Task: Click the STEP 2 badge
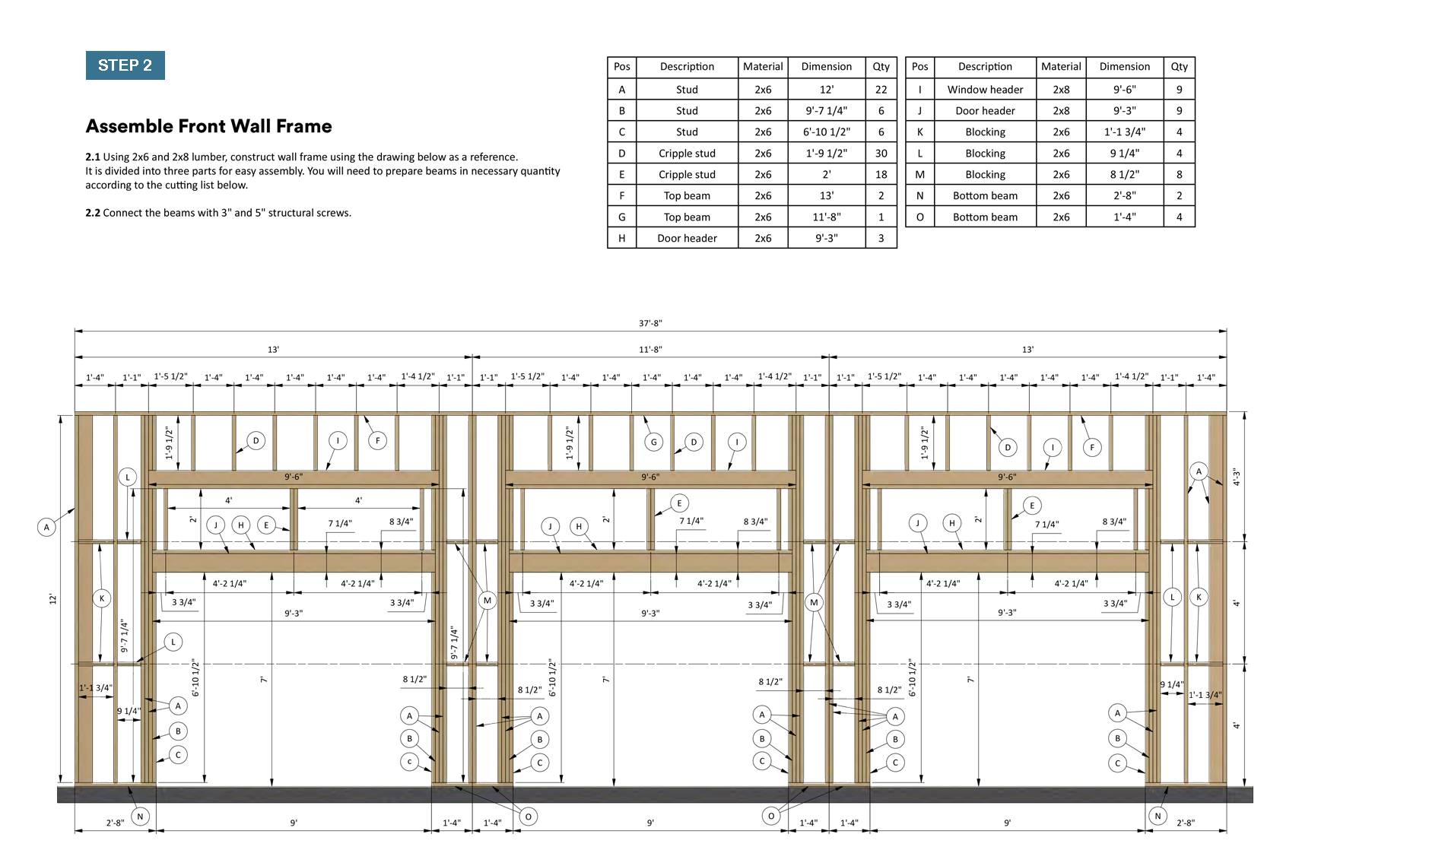[125, 65]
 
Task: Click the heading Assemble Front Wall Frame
[208, 126]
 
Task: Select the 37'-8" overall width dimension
[650, 323]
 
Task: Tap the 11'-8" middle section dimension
[650, 350]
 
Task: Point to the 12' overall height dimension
[52, 599]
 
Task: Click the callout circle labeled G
[653, 442]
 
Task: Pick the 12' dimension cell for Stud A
[826, 90]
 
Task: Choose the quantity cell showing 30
[881, 154]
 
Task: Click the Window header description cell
[985, 90]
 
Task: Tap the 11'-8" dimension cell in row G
[826, 217]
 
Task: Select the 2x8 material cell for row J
[1061, 111]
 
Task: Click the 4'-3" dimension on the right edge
[1237, 477]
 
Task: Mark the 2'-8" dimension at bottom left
[115, 823]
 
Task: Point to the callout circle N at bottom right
[1158, 817]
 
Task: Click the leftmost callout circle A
[46, 527]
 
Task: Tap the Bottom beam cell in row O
[985, 217]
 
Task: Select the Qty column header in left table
[881, 67]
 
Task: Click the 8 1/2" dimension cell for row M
[1124, 175]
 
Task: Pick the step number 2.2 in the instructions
[93, 213]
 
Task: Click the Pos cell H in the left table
[621, 239]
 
